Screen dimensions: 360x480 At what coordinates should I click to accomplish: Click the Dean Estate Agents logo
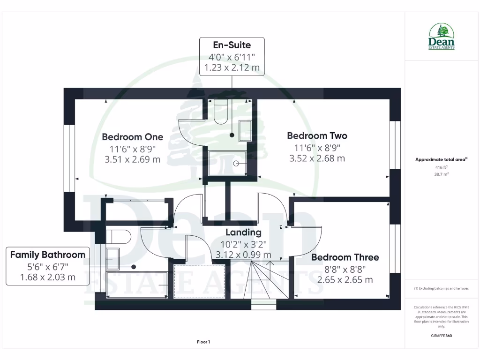(x=442, y=37)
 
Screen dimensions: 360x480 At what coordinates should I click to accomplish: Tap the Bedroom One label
(x=133, y=137)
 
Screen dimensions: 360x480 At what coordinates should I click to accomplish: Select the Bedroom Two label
(x=317, y=135)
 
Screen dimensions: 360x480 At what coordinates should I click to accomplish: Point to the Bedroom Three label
(x=345, y=257)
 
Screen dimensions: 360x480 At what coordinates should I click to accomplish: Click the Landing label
(x=243, y=232)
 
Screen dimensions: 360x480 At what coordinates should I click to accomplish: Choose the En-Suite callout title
(x=232, y=45)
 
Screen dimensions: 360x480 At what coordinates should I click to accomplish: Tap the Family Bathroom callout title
(x=48, y=255)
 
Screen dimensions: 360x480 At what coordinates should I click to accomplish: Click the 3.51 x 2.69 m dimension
(x=133, y=159)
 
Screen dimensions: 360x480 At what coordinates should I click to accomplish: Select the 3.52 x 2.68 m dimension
(x=317, y=158)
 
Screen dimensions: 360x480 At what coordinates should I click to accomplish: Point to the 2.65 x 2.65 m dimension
(x=345, y=280)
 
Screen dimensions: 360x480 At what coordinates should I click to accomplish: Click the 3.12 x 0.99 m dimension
(x=243, y=255)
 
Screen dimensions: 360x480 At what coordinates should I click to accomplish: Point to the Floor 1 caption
(x=203, y=342)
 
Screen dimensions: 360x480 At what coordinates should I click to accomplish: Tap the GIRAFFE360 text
(x=441, y=336)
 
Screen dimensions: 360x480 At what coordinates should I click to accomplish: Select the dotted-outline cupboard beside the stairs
(x=199, y=281)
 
